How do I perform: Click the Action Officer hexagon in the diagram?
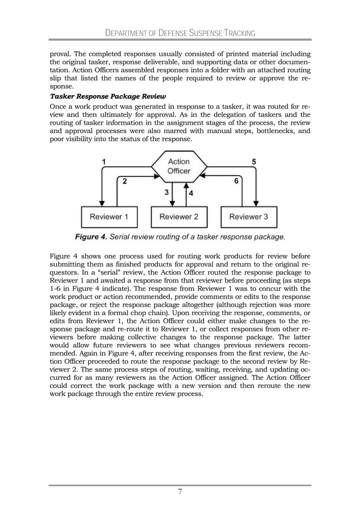(179, 166)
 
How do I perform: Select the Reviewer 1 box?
(109, 217)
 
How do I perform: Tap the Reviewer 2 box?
(179, 217)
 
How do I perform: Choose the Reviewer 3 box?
(248, 217)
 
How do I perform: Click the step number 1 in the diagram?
(104, 161)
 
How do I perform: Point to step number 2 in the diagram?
(124, 182)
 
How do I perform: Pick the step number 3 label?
(167, 192)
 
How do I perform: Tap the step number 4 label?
(190, 193)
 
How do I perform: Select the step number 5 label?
(254, 161)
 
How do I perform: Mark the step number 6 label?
(235, 181)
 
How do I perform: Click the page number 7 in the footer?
(179, 492)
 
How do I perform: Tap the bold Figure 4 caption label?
(92, 236)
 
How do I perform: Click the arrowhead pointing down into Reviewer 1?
(102, 204)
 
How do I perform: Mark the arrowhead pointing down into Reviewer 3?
(257, 204)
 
